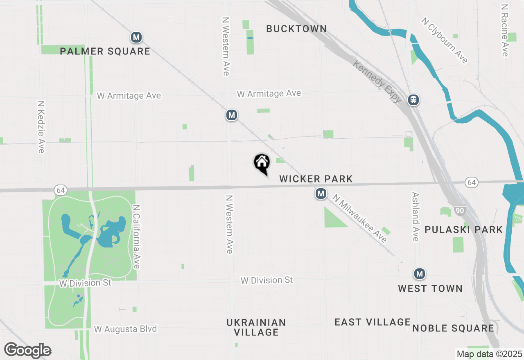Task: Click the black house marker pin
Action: click(262, 163)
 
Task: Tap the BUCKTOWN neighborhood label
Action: click(296, 29)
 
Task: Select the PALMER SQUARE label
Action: click(105, 51)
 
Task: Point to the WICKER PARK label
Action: click(316, 179)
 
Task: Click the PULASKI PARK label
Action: click(463, 229)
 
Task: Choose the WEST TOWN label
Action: click(430, 288)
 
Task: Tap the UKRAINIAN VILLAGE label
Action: click(256, 327)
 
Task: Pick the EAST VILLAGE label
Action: click(373, 322)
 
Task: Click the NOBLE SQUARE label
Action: click(453, 328)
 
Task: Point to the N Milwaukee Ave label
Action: click(360, 218)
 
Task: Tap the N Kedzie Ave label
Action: click(41, 127)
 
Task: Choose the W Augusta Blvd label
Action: click(125, 329)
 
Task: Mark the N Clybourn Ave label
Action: click(445, 40)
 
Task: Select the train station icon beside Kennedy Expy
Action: click(413, 100)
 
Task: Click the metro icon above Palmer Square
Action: click(136, 38)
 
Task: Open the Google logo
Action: click(28, 350)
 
